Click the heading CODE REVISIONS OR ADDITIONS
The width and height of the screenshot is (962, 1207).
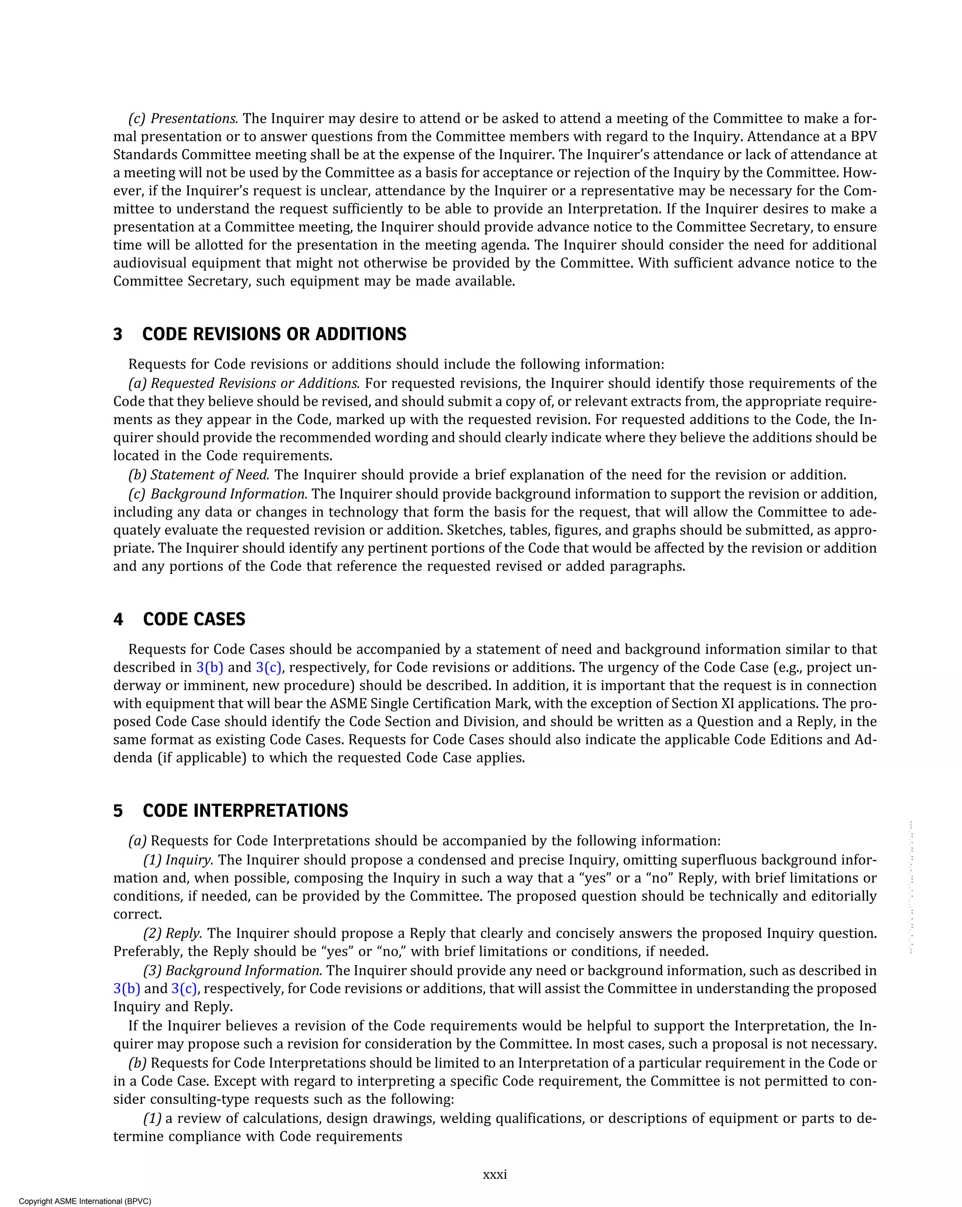click(274, 334)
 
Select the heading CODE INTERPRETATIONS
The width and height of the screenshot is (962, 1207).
click(245, 811)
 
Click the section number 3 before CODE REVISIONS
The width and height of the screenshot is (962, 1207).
click(117, 334)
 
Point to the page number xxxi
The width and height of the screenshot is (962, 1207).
click(495, 1175)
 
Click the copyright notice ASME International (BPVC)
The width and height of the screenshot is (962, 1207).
click(85, 1201)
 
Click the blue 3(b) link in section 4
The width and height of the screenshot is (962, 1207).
click(209, 667)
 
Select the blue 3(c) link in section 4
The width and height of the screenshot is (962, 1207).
click(269, 667)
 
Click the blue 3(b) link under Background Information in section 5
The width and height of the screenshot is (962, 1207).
click(126, 989)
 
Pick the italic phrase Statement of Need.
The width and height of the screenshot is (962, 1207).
click(209, 475)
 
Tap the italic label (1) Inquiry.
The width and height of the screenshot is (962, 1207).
click(178, 860)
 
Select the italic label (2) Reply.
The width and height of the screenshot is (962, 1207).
click(173, 933)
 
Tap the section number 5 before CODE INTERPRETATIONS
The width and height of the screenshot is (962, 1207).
click(117, 811)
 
